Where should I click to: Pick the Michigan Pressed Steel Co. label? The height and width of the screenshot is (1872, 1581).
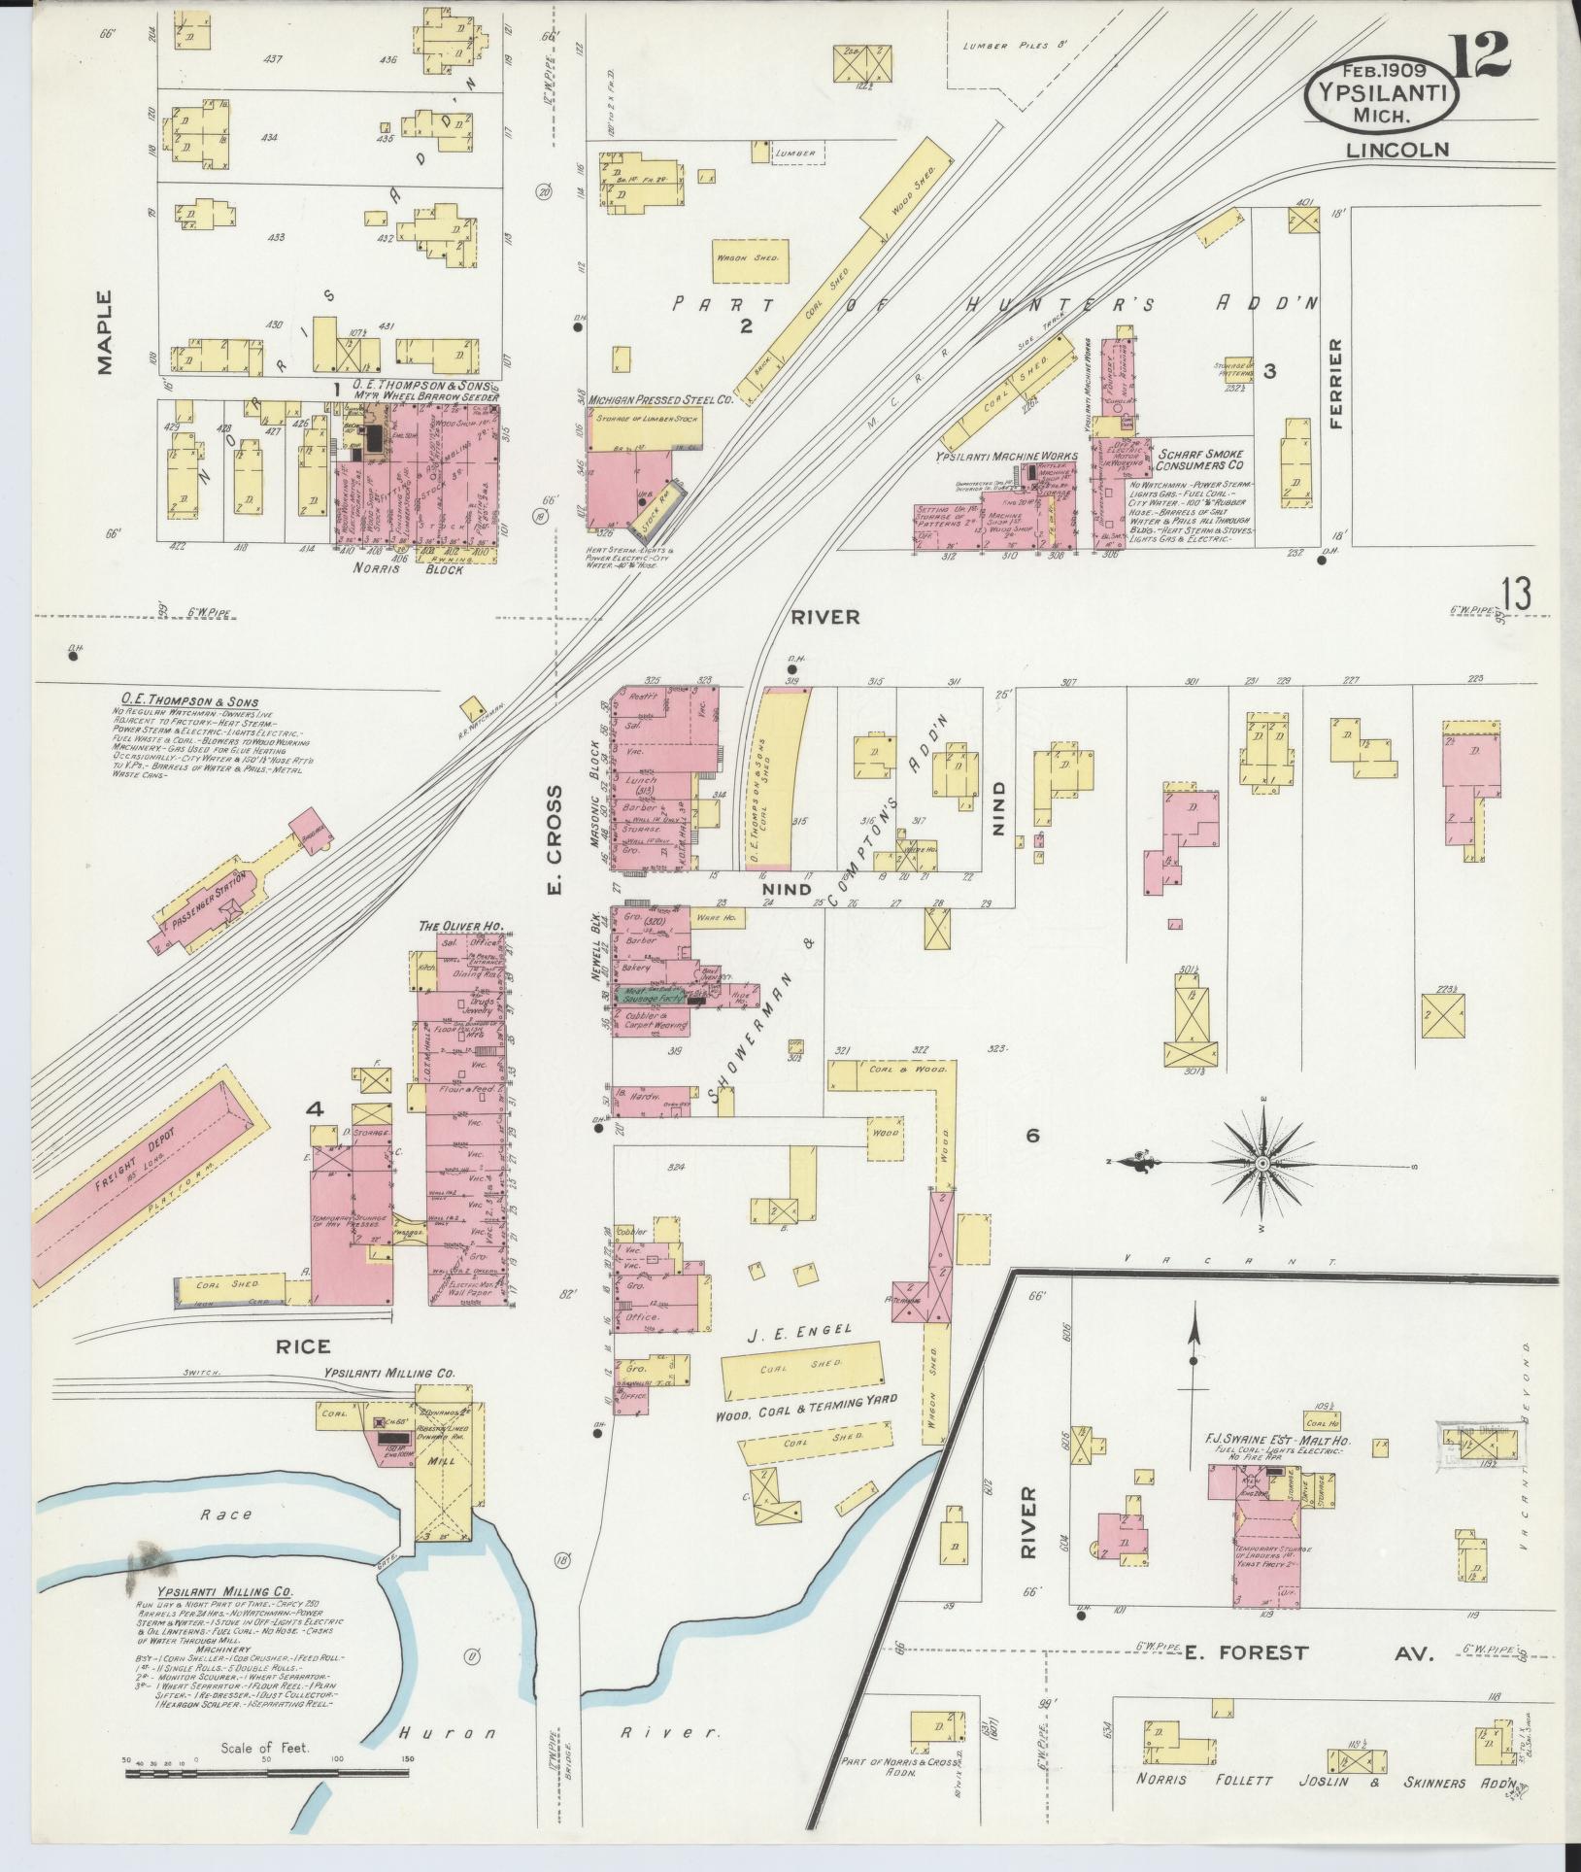pyautogui.click(x=659, y=399)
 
